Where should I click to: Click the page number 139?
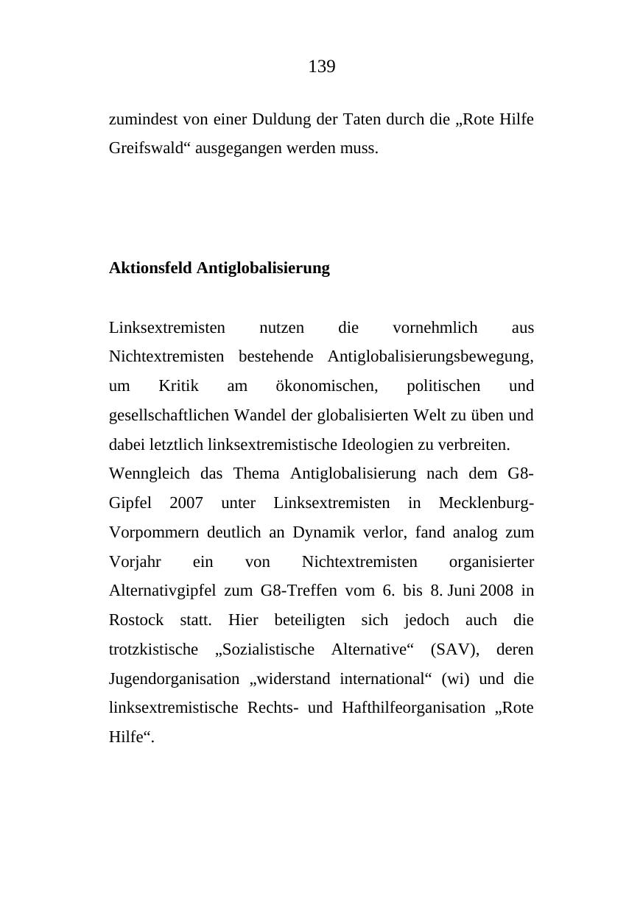pyautogui.click(x=322, y=67)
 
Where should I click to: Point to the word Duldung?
pyautogui.click(x=282, y=119)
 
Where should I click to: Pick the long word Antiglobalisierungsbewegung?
pyautogui.click(x=430, y=357)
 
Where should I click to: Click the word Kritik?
pyautogui.click(x=178, y=387)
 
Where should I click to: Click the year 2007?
pyautogui.click(x=186, y=504)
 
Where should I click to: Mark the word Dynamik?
pyautogui.click(x=323, y=532)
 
